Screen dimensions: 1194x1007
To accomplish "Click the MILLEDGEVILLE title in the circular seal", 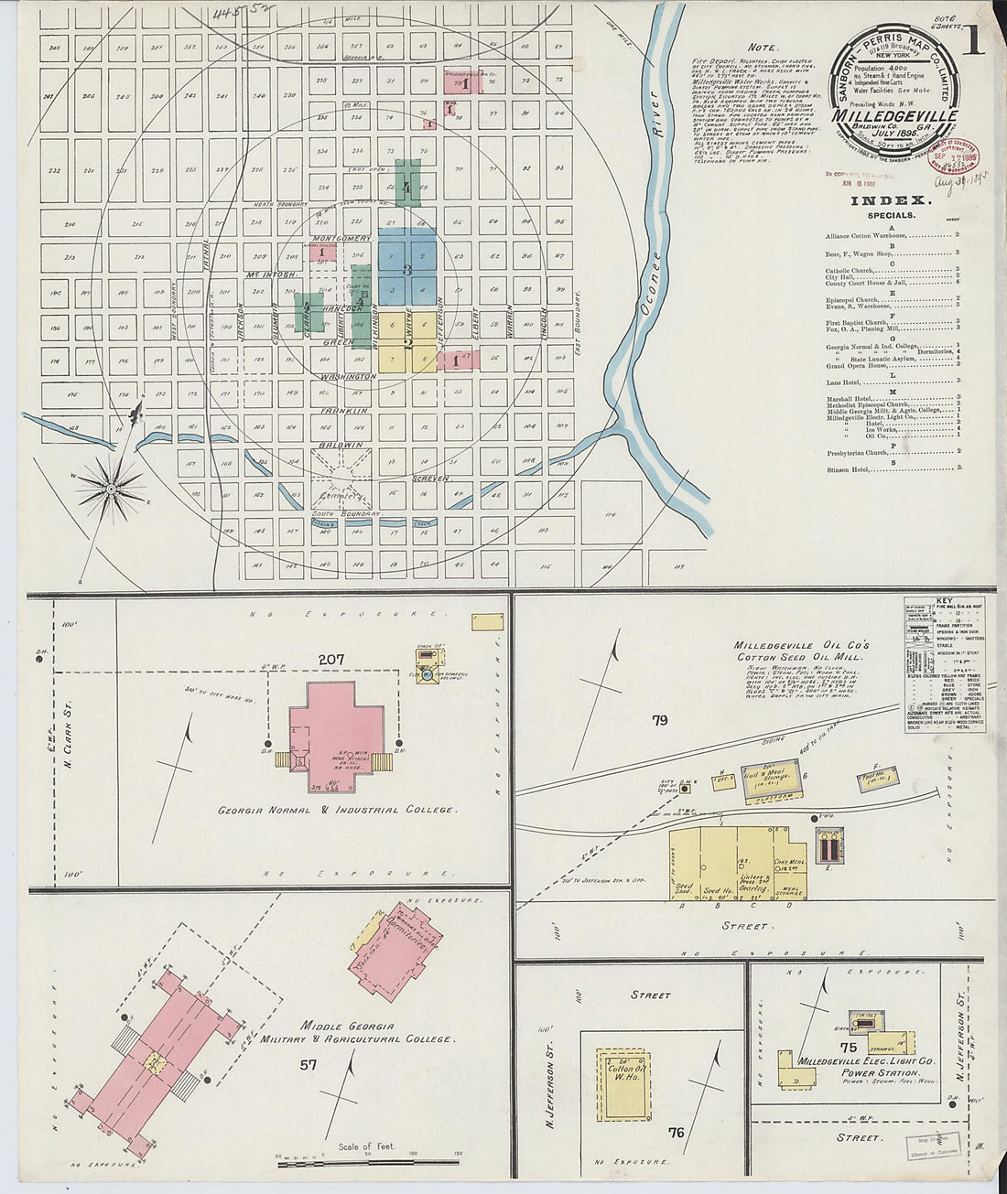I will click(x=895, y=116).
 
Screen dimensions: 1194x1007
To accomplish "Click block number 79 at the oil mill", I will click(x=659, y=720).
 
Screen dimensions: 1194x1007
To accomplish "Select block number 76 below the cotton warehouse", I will click(x=676, y=1133).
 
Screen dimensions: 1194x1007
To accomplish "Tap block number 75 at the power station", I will click(x=849, y=1048).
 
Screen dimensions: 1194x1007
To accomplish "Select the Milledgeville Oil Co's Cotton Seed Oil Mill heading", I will click(x=801, y=651).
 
